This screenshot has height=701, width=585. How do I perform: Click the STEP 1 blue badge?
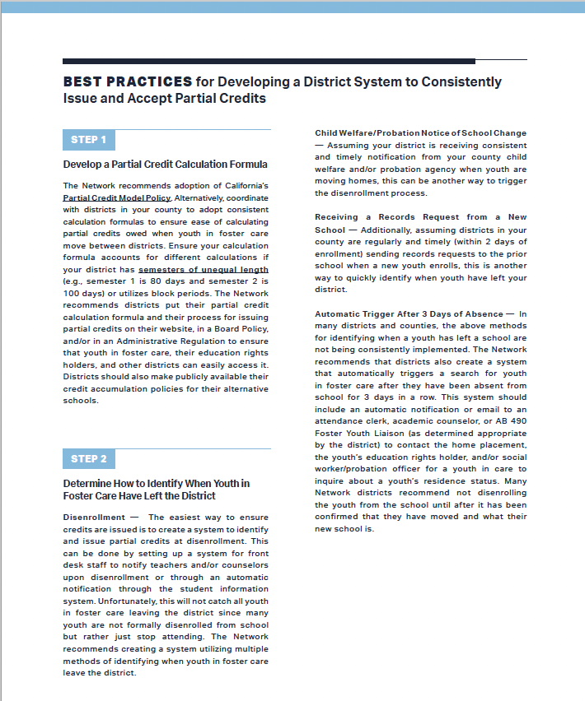pyautogui.click(x=88, y=140)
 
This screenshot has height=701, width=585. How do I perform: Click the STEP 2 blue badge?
pyautogui.click(x=88, y=458)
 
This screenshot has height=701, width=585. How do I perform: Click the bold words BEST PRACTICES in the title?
pyautogui.click(x=128, y=82)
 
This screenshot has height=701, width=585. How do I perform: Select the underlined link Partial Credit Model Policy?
pyautogui.click(x=116, y=197)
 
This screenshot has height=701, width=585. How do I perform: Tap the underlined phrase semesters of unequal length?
pyautogui.click(x=203, y=269)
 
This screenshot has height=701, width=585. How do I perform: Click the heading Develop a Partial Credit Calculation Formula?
pyautogui.click(x=165, y=165)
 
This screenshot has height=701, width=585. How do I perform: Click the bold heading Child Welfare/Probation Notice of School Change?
pyautogui.click(x=420, y=132)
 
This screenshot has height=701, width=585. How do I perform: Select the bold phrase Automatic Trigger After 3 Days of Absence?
pyautogui.click(x=409, y=313)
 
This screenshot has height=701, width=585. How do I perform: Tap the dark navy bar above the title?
pyautogui.click(x=269, y=61)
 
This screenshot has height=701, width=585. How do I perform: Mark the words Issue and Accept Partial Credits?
pyautogui.click(x=165, y=98)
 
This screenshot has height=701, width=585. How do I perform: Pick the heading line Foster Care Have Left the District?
pyautogui.click(x=139, y=495)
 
